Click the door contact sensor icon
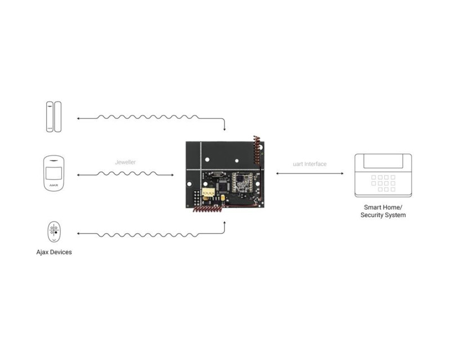[x=54, y=116]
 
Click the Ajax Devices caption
[x=54, y=252]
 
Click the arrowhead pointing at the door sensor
[x=78, y=118]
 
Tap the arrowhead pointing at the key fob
[x=78, y=233]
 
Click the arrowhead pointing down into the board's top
[x=224, y=129]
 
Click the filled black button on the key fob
[x=56, y=232]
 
